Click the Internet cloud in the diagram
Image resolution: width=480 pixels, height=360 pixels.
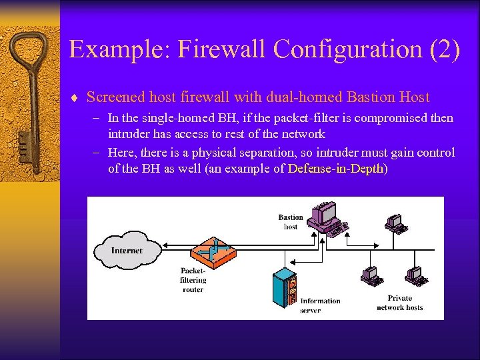tap(127, 251)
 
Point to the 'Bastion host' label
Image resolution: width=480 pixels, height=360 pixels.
tap(291, 222)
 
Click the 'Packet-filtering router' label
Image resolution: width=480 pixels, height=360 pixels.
tap(193, 280)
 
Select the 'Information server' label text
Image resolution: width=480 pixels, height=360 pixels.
tap(320, 305)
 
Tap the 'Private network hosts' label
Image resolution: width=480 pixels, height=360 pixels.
tap(399, 303)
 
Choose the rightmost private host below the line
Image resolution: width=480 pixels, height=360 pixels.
tap(415, 276)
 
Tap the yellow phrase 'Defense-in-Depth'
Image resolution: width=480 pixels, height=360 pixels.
tap(336, 169)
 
